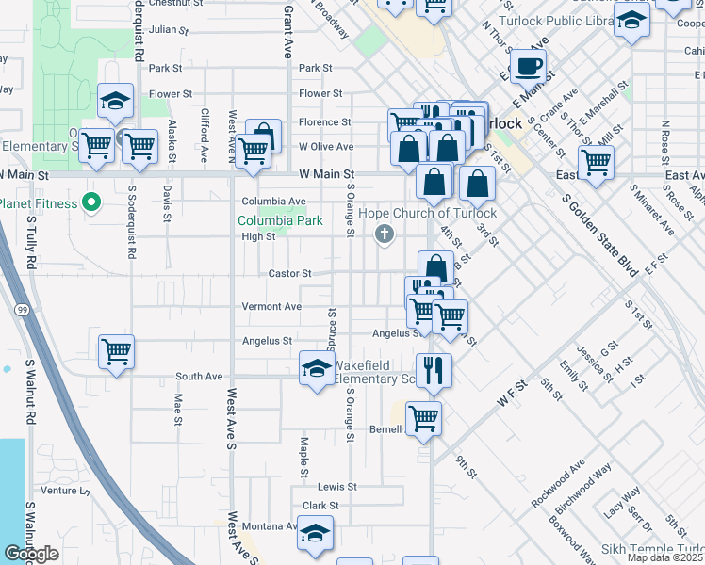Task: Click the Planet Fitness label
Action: point(38,202)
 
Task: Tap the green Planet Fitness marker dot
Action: point(91,202)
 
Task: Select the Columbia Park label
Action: point(280,220)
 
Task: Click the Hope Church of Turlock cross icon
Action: point(384,234)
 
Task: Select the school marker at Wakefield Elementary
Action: point(317,367)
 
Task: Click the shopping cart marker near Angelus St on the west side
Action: point(116,351)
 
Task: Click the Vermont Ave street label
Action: point(271,307)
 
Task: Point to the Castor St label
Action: point(289,274)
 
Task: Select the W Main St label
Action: point(326,174)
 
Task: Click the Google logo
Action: point(31,554)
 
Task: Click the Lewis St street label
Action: point(336,487)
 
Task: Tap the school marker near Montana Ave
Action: point(315,532)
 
